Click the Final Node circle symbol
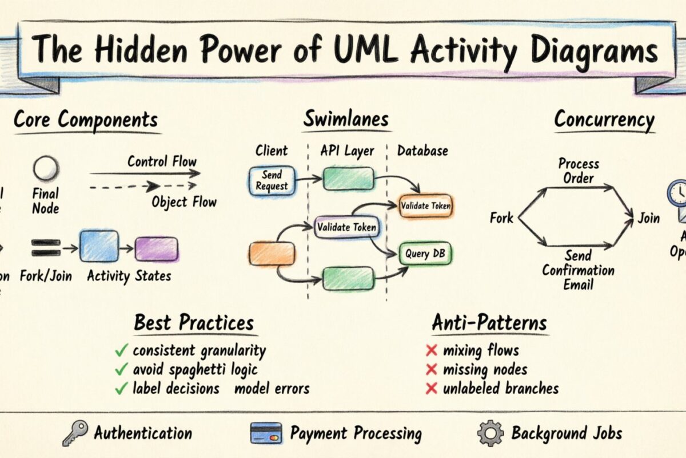click(x=45, y=169)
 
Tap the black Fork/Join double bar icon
click(x=46, y=247)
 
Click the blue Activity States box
click(x=99, y=246)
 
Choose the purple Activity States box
click(x=156, y=249)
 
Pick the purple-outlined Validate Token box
click(x=346, y=227)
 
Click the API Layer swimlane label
click(x=348, y=151)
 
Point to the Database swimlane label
click(x=422, y=151)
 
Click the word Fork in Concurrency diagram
click(x=501, y=218)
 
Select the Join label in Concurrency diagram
click(x=648, y=218)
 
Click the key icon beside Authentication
click(x=75, y=433)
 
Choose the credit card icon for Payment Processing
click(x=266, y=433)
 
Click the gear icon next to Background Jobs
click(x=490, y=433)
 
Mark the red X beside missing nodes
click(x=432, y=370)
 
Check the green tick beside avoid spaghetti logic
click(x=121, y=370)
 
